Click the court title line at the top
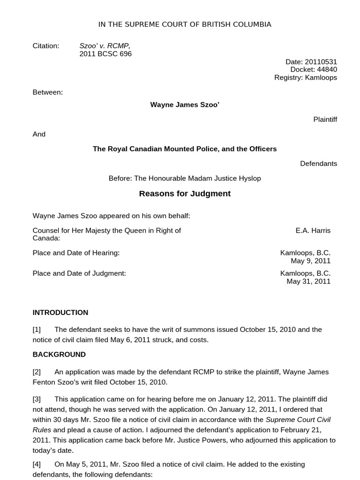(x=184, y=24)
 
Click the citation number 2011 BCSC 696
(x=105, y=54)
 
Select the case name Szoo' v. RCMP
(x=105, y=46)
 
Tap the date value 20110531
(x=321, y=62)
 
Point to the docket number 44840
(x=327, y=69)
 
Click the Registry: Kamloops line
(x=305, y=77)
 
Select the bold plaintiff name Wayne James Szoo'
(x=184, y=105)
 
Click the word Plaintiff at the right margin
(x=325, y=120)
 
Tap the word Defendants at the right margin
(x=318, y=164)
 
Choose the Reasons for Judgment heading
(x=184, y=194)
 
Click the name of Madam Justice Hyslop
(x=225, y=179)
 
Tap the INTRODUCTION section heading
(x=60, y=313)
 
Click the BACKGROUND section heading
(x=59, y=355)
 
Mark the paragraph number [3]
(x=37, y=399)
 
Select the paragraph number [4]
(x=37, y=465)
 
